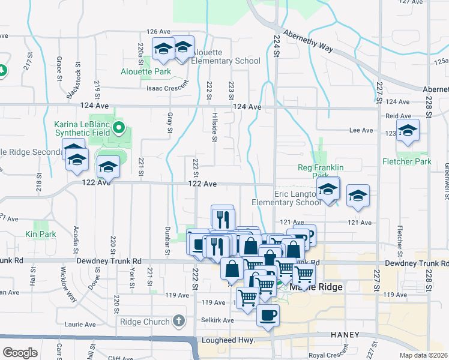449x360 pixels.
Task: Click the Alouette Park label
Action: pos(146,72)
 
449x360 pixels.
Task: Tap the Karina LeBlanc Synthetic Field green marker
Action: pos(119,127)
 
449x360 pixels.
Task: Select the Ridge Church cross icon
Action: pos(178,322)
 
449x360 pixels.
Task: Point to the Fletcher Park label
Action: pos(406,161)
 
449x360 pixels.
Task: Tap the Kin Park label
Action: pos(40,234)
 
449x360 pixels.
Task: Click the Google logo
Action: pos(20,353)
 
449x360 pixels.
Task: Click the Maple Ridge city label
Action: pos(316,287)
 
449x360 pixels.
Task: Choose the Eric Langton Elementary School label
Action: pos(298,198)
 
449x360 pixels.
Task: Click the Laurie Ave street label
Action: pos(81,325)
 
